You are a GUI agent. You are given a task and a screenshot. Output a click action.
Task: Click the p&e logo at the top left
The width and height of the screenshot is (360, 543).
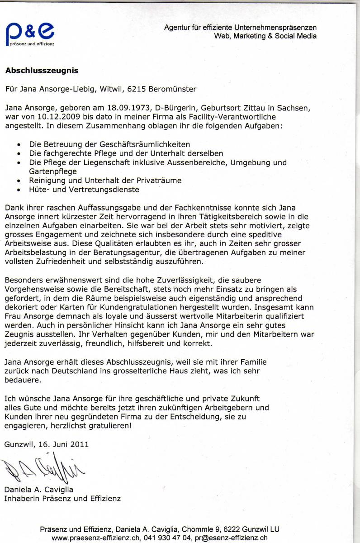[29, 34]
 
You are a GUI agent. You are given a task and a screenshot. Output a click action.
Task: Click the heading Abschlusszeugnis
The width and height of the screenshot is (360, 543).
[42, 71]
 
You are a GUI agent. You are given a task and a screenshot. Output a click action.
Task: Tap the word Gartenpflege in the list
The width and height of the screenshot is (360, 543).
[53, 171]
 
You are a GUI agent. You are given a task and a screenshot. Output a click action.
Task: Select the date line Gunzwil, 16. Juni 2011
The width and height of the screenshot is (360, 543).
[47, 444]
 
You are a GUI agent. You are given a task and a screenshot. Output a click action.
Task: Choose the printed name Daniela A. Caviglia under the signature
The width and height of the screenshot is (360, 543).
[38, 490]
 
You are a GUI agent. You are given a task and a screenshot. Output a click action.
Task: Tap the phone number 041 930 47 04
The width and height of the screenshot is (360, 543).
[168, 538]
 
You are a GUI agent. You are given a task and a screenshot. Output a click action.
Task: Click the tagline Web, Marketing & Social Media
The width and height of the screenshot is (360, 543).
[265, 36]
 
